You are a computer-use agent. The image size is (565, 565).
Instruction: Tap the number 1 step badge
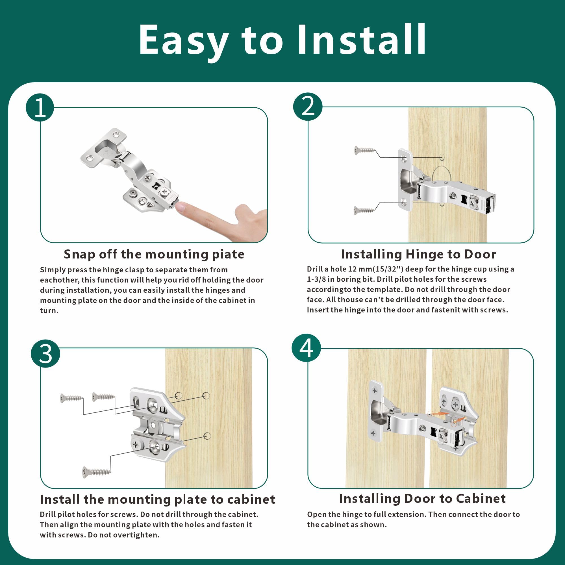[40, 107]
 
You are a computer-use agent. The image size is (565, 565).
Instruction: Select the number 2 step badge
[308, 107]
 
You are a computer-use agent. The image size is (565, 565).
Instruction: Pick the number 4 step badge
[306, 348]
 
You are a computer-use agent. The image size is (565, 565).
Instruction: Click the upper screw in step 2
[365, 150]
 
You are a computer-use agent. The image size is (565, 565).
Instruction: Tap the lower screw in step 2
[364, 210]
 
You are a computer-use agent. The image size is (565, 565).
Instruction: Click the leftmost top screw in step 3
[71, 398]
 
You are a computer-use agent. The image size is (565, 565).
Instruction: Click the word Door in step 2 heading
[480, 254]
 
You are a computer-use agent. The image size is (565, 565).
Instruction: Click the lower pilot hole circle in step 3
[207, 436]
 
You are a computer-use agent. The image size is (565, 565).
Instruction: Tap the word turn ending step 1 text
[49, 311]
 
